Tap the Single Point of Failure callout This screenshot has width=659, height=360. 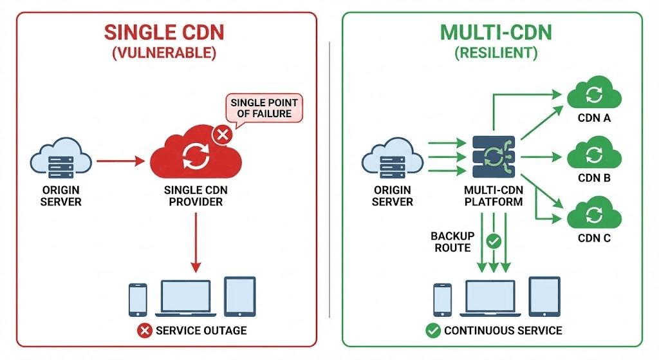(261, 108)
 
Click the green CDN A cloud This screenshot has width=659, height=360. (593, 95)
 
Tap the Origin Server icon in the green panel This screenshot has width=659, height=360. (393, 157)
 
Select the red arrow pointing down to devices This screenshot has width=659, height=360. (197, 244)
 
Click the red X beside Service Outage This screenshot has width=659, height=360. (144, 330)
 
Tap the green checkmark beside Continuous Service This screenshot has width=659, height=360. (432, 330)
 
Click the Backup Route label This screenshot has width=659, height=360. (452, 242)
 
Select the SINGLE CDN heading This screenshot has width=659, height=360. (164, 32)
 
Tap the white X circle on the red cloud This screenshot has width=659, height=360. (223, 135)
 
